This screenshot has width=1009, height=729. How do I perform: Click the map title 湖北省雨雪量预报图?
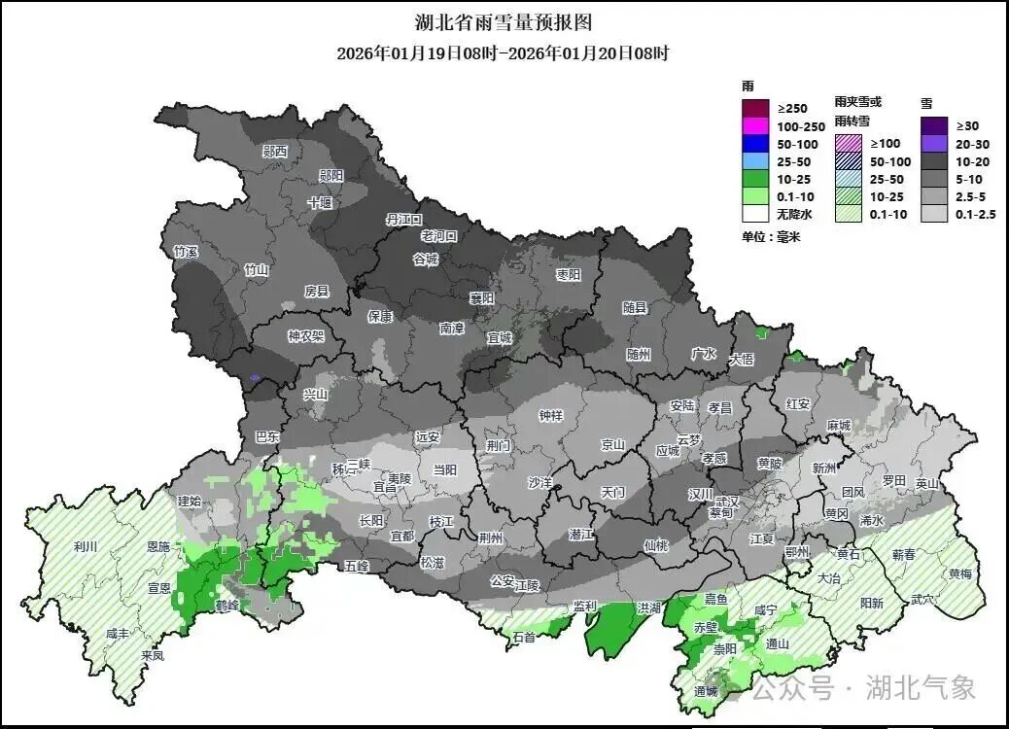(503, 21)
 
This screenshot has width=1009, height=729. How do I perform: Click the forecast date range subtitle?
(503, 53)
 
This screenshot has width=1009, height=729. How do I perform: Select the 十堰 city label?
(320, 203)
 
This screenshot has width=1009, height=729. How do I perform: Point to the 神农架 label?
(305, 336)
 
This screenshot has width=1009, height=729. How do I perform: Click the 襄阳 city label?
(482, 297)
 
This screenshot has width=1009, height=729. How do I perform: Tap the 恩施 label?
(157, 548)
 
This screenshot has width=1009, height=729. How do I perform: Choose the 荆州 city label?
(491, 538)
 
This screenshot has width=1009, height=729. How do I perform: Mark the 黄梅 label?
(960, 573)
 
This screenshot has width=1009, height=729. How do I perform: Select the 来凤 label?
(152, 655)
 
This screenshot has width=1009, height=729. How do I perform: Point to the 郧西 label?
(275, 152)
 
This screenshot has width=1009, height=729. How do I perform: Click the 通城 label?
(706, 691)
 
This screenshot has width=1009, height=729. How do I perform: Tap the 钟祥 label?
(550, 416)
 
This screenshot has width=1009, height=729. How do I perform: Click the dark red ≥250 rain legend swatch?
(756, 108)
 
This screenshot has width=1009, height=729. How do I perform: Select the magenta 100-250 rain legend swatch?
(756, 126)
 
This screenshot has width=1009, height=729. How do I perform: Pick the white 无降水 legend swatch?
(756, 215)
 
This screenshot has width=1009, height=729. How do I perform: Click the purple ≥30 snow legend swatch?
(935, 125)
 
